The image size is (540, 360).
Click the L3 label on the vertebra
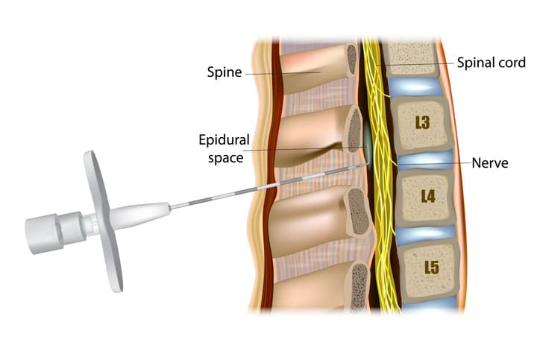point(422,122)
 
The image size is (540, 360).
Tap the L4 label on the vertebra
point(428,196)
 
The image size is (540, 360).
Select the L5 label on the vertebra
point(432,267)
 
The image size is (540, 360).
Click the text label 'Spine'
point(225,72)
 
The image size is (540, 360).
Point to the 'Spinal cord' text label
point(491,63)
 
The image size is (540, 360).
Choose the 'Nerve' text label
point(490,162)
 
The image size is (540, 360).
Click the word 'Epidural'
point(225,140)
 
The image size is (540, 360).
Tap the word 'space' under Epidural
point(225,158)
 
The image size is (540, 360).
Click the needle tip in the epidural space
point(365,165)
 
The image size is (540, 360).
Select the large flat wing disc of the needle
point(104,221)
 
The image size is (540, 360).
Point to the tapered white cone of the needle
point(139,215)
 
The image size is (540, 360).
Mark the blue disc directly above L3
point(414,86)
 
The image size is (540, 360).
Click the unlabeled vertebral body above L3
point(409,57)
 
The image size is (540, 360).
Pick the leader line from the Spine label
point(283,73)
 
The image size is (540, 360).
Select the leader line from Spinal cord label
point(415,63)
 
